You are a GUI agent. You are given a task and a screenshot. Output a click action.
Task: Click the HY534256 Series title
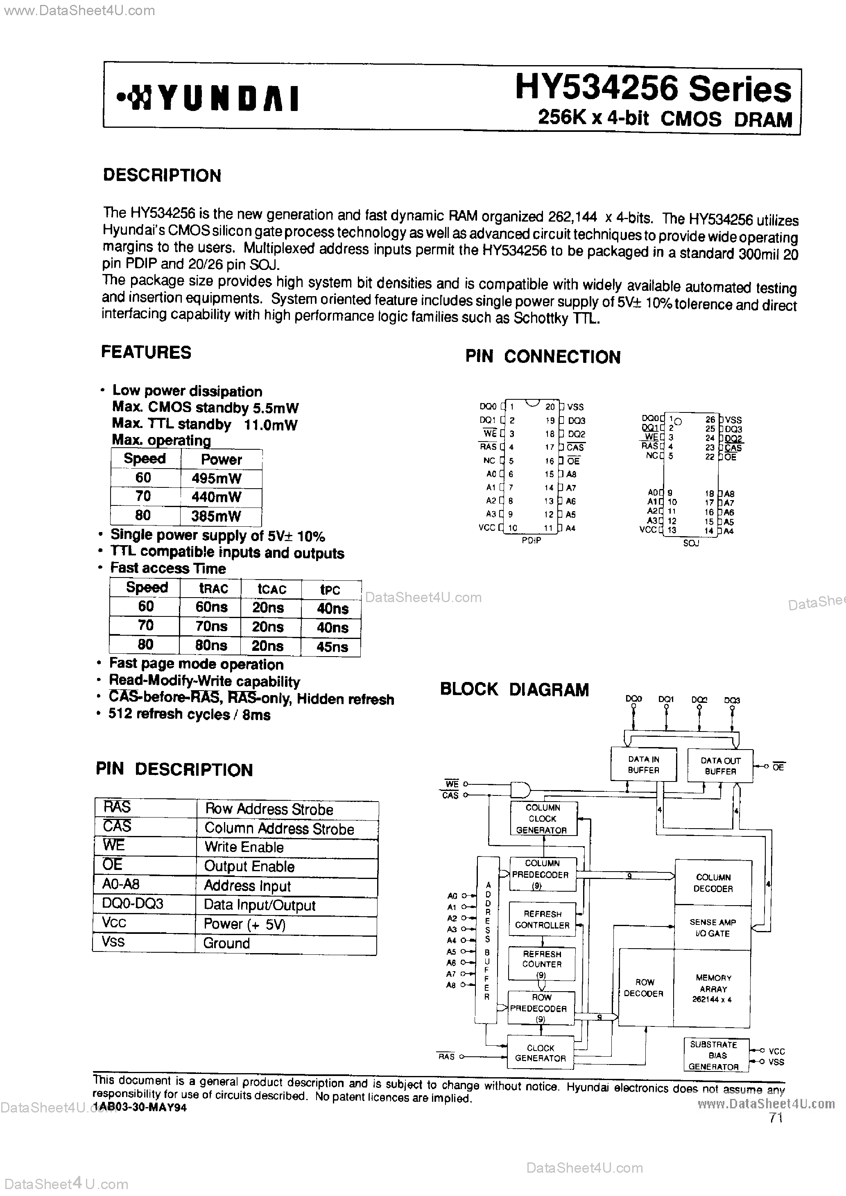[x=653, y=88]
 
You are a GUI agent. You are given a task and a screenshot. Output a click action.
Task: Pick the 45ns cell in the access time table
[x=332, y=647]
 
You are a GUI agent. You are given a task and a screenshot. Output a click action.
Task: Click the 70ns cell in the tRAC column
[x=211, y=627]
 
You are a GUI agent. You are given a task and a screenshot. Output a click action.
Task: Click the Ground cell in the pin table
[x=226, y=943]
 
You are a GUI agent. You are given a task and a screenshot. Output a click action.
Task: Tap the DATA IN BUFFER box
[x=643, y=765]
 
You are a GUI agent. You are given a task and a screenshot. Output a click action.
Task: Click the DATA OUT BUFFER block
[x=720, y=766]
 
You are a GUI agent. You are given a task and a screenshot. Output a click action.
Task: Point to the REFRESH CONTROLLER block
[x=542, y=920]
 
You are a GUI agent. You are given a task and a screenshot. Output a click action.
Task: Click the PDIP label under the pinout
[x=532, y=541]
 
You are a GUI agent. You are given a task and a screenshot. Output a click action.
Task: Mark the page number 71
[x=776, y=1118]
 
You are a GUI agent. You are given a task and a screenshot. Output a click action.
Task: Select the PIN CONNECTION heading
[x=542, y=357]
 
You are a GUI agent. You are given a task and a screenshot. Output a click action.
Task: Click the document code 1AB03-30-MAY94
[x=140, y=1108]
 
